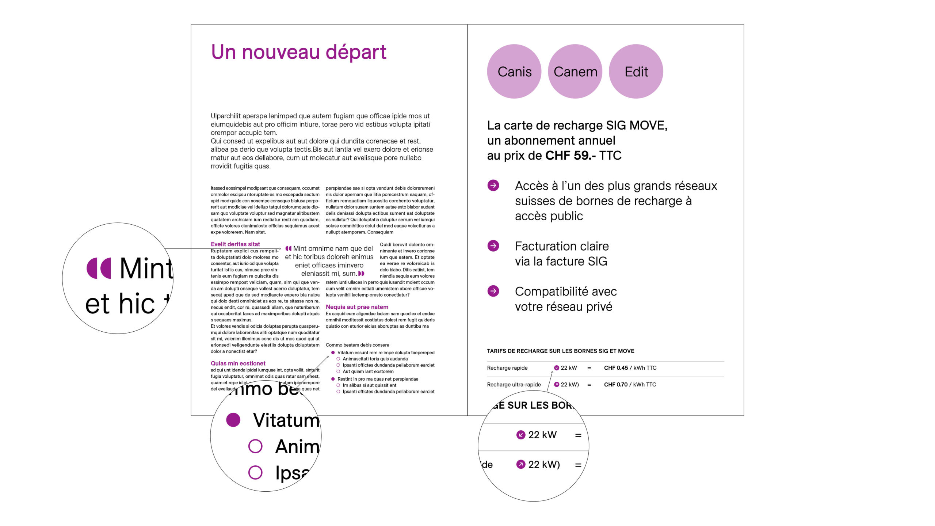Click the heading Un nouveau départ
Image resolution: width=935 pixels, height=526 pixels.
(298, 52)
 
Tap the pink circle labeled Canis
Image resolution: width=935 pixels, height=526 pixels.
(514, 72)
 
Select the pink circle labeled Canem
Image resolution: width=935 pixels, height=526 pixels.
(575, 72)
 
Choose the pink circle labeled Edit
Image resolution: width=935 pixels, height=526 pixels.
(636, 72)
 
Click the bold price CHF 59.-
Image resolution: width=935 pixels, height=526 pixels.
(570, 156)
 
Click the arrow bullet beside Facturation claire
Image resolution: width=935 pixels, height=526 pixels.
(493, 246)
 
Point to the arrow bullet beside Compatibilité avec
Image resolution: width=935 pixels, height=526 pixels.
(493, 291)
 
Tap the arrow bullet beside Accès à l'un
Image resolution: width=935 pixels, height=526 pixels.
(493, 185)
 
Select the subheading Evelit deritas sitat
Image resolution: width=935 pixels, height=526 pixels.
(235, 244)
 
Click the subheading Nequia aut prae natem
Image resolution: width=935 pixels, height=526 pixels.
(357, 307)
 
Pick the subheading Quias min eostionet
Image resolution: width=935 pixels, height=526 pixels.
(238, 363)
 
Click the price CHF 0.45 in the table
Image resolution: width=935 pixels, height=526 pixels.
(616, 368)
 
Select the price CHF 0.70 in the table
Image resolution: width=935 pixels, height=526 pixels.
(616, 385)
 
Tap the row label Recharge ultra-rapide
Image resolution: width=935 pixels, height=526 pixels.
(514, 385)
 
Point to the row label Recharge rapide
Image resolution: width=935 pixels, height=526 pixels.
(507, 368)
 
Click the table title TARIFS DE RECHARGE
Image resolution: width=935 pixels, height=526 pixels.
(561, 351)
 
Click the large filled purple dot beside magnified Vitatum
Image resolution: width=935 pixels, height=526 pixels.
(233, 420)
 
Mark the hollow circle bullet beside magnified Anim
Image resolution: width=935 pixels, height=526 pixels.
(255, 446)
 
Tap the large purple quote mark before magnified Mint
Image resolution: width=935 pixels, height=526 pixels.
(99, 268)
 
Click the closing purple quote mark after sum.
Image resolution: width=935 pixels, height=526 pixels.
(361, 274)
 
